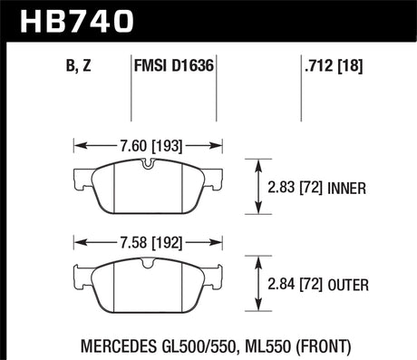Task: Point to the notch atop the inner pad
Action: point(147,165)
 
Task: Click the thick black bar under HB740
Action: point(208,39)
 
